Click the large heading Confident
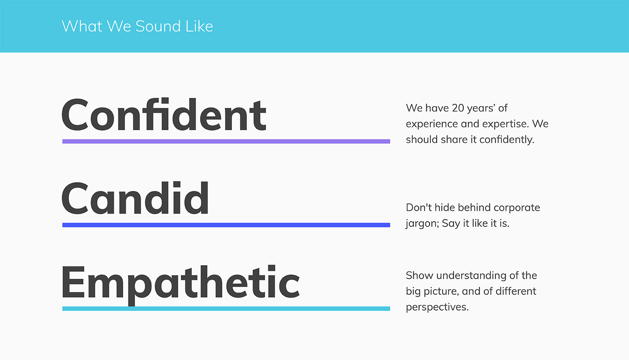coord(164,114)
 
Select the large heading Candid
coord(135,198)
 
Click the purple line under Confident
coord(226,141)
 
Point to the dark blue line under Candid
coord(226,225)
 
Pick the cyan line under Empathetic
coord(226,308)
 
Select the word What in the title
coord(82,26)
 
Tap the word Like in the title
coord(199,26)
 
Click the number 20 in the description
coord(458,108)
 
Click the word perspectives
coord(437,307)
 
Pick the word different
coord(516,291)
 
